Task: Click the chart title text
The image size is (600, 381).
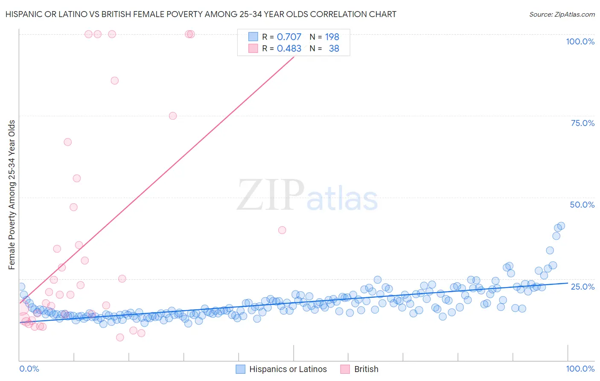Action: point(200,14)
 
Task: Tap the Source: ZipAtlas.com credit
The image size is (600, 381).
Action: point(562,14)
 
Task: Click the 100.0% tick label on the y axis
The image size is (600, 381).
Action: point(580,41)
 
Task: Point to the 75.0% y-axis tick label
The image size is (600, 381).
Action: point(583,123)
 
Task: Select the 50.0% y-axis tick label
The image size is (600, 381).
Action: point(582,205)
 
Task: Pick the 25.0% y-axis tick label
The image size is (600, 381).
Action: point(583,287)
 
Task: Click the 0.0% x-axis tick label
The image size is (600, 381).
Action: point(29,369)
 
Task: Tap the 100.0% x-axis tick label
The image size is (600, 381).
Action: point(580,369)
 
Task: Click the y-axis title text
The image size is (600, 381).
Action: point(12,195)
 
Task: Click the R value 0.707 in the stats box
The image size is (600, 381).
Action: point(289,37)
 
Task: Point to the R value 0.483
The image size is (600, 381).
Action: point(289,49)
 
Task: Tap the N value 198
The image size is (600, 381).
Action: point(332,37)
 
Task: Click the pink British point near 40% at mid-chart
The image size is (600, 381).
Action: point(282,230)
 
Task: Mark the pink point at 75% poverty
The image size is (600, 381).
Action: point(173,116)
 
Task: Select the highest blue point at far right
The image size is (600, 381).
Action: point(561,226)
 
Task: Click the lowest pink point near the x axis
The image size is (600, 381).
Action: point(120,337)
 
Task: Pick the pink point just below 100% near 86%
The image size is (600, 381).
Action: point(114,81)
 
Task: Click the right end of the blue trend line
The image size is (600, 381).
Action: point(568,283)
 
